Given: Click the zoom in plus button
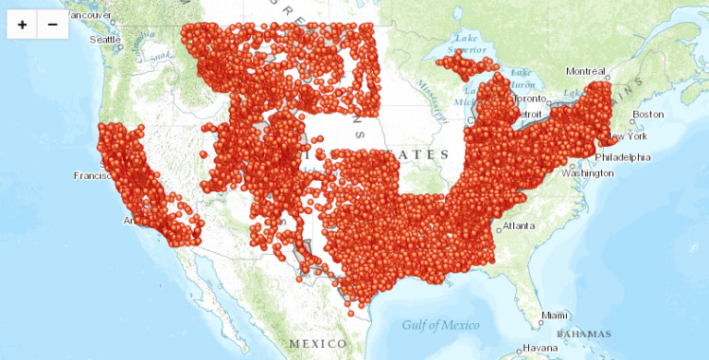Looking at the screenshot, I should coord(22,25).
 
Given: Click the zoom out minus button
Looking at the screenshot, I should coord(52,25).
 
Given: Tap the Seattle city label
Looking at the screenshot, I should coord(104,39).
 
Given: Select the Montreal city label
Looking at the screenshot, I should coord(585,71).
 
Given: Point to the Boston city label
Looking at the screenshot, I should coord(649,114).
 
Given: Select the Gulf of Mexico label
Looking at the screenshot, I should coord(440,325).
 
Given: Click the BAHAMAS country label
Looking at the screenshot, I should coord(584,333).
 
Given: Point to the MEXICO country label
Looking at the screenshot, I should coord(318,342).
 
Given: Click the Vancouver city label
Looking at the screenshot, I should coord(88,16).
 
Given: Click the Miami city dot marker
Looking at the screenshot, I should coord(541,317).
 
